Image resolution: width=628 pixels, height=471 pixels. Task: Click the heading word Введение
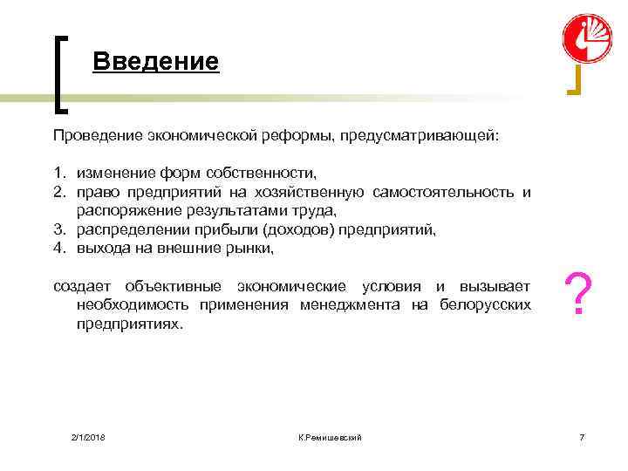click(155, 62)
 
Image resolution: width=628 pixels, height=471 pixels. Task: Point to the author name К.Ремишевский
click(330, 436)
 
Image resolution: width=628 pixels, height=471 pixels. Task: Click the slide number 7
click(582, 436)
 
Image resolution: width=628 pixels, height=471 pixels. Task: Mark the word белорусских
click(484, 304)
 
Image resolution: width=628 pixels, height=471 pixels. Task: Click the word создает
click(82, 286)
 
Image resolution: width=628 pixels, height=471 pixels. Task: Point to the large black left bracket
click(61, 74)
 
